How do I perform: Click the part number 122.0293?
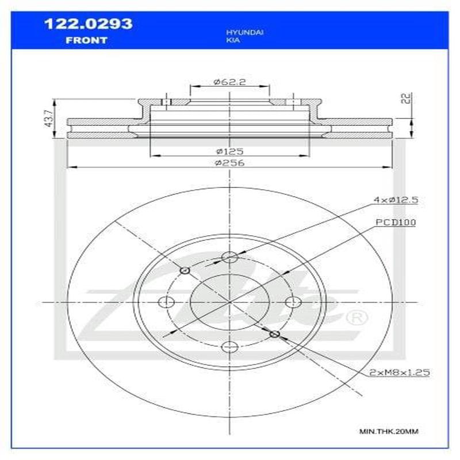pyautogui.click(x=88, y=24)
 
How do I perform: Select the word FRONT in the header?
pyautogui.click(x=86, y=40)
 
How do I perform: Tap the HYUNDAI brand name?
pyautogui.click(x=244, y=33)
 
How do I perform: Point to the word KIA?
pyautogui.click(x=233, y=42)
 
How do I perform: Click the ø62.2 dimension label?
pyautogui.click(x=229, y=82)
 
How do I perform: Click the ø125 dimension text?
pyautogui.click(x=229, y=151)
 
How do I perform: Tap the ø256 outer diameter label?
pyautogui.click(x=229, y=163)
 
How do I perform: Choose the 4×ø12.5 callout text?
pyautogui.click(x=395, y=200)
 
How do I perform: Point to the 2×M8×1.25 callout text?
pyautogui.click(x=400, y=373)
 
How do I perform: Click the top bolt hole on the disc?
pyautogui.click(x=229, y=258)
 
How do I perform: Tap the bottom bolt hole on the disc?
pyautogui.click(x=229, y=346)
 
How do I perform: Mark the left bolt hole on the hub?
pyautogui.click(x=166, y=302)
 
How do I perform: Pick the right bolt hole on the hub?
pyautogui.click(x=293, y=302)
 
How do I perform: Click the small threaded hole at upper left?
pyautogui.click(x=185, y=270)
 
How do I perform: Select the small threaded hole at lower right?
pyautogui.click(x=274, y=334)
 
